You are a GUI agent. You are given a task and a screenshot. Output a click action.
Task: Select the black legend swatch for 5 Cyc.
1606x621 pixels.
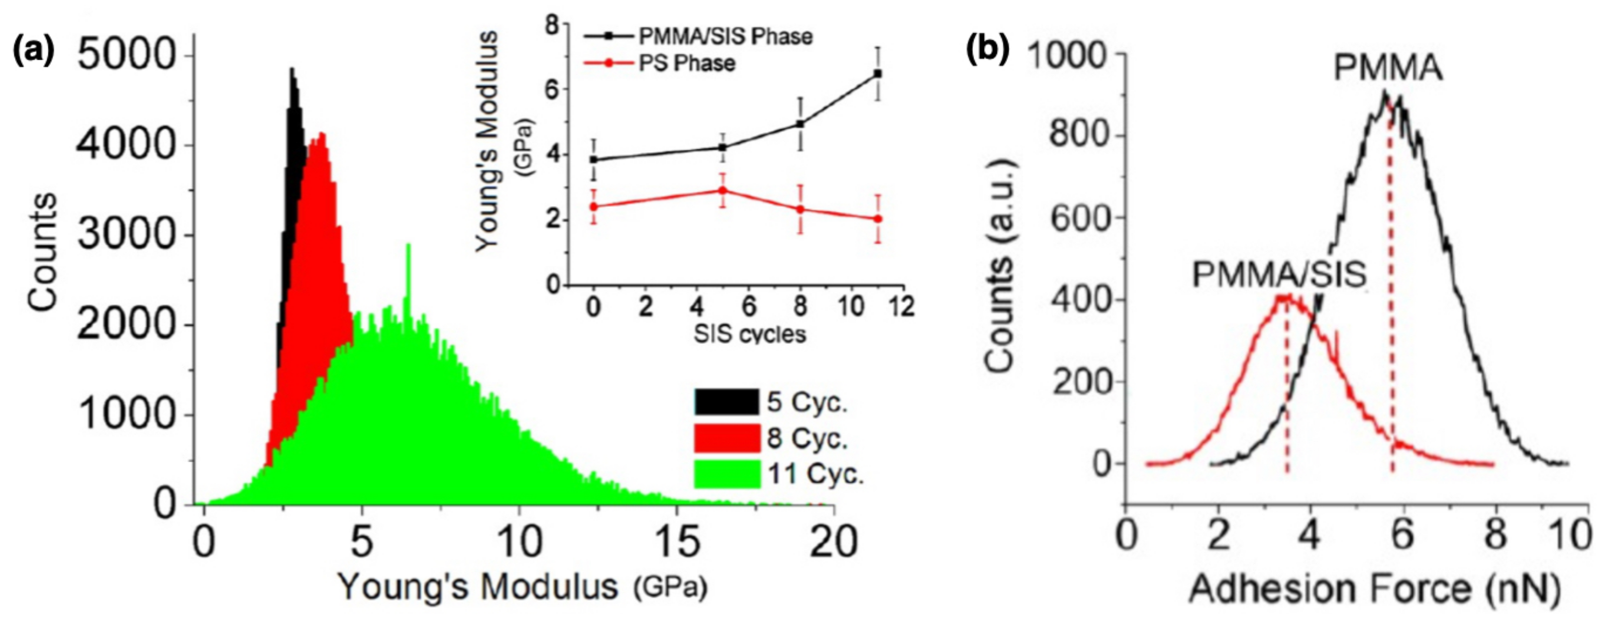727,402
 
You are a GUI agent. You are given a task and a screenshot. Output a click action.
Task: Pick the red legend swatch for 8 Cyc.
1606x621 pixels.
727,438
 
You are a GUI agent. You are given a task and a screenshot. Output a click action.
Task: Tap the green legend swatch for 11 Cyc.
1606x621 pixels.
727,474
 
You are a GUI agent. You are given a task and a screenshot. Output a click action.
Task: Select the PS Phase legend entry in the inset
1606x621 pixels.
686,64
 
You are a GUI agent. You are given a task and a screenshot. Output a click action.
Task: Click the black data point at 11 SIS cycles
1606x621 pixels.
877,74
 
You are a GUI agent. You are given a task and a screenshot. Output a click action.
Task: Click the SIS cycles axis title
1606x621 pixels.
750,334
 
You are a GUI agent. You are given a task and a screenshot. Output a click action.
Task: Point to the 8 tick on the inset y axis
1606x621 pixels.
551,25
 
